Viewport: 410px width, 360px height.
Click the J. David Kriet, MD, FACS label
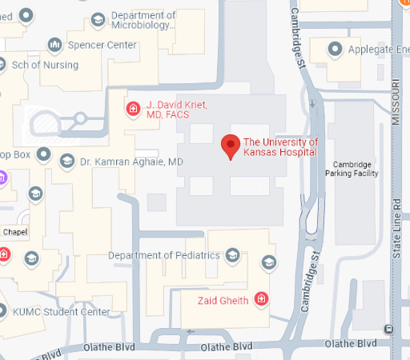[177, 110]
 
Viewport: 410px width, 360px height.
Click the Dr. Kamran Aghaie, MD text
[132, 162]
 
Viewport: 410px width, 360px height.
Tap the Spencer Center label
[103, 45]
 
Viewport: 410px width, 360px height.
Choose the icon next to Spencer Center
[55, 45]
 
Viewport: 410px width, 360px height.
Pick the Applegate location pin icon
[336, 50]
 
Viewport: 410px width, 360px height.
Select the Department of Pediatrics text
[164, 255]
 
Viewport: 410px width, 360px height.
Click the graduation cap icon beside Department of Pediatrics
[232, 255]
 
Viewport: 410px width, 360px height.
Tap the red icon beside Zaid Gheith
[260, 300]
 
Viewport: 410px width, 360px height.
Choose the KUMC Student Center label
[61, 311]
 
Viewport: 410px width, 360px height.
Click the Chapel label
[14, 232]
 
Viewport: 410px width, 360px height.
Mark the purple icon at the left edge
[2, 177]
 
